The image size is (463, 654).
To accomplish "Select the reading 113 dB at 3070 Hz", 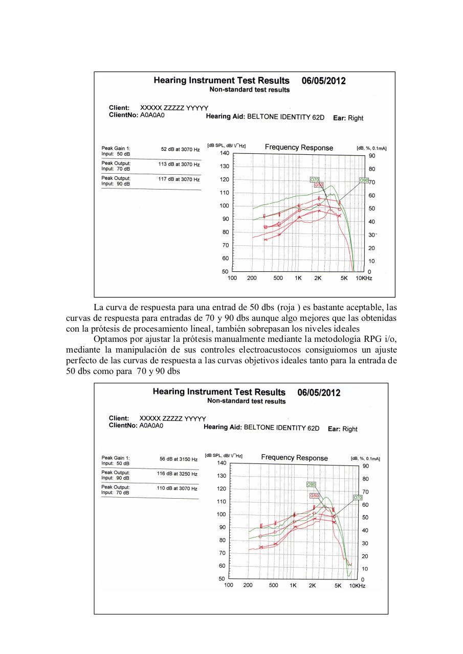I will pyautogui.click(x=179, y=165).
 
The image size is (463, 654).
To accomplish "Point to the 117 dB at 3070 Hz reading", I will pyautogui.click(x=179, y=179).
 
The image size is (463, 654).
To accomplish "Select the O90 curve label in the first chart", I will pyautogui.click(x=363, y=180).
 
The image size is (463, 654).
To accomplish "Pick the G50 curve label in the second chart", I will pyautogui.click(x=314, y=496).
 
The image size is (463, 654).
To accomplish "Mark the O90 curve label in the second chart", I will pyautogui.click(x=311, y=484).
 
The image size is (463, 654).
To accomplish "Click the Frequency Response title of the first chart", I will pyautogui.click(x=299, y=148).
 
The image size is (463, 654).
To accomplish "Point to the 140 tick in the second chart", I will pyautogui.click(x=221, y=463).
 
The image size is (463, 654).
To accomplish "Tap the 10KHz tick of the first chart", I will pyautogui.click(x=364, y=278).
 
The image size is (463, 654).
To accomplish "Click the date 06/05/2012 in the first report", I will pyautogui.click(x=323, y=81).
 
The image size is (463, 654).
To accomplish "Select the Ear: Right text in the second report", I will pyautogui.click(x=342, y=429).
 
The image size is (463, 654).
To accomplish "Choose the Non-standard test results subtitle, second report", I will pyautogui.click(x=247, y=401).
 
